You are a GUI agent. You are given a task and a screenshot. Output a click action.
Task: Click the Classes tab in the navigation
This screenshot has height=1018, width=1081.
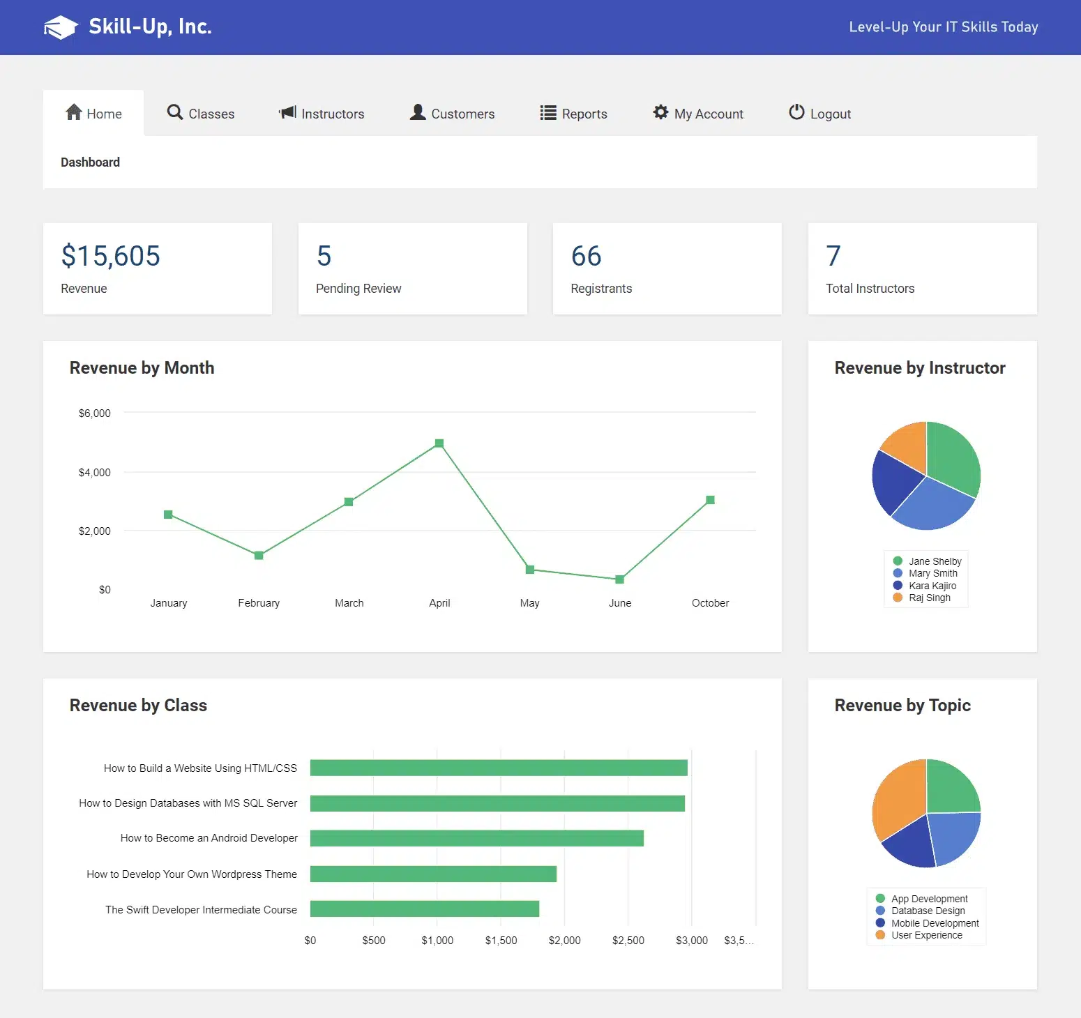point(201,114)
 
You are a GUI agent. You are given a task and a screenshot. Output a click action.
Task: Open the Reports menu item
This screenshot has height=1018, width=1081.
point(573,114)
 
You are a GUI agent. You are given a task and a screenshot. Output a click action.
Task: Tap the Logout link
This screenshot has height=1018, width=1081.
point(819,114)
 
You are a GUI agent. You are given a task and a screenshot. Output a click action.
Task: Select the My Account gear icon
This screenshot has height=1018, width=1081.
point(660,112)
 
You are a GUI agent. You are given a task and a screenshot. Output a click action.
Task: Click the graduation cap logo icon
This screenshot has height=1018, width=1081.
point(61,27)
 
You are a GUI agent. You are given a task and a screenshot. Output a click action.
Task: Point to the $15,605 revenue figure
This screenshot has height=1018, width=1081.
point(111,256)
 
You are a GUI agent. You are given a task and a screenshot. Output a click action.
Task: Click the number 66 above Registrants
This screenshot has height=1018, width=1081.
point(586,256)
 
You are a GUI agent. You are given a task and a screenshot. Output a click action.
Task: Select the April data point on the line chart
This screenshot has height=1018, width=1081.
point(439,443)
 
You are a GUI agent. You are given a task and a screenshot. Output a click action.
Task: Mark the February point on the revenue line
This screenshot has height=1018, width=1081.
point(259,556)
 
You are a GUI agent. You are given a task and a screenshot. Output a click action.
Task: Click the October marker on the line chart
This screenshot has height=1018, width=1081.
point(710,500)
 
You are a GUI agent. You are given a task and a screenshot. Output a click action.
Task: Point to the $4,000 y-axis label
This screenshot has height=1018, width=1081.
point(94,473)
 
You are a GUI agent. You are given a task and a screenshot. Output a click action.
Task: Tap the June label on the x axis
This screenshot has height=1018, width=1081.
point(620,603)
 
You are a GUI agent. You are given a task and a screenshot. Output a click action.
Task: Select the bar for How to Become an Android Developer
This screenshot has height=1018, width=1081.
point(476,838)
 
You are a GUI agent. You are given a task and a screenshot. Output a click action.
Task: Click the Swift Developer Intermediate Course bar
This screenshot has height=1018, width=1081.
point(424,909)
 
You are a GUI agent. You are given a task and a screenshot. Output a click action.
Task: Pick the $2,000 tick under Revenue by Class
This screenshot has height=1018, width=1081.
point(564,941)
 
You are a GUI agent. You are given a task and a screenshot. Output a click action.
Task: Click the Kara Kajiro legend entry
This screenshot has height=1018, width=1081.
point(932,586)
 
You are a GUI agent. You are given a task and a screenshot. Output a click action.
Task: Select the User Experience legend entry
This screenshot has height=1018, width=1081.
point(926,935)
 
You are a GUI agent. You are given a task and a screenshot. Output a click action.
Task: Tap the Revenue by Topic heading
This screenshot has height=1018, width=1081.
point(902,706)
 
